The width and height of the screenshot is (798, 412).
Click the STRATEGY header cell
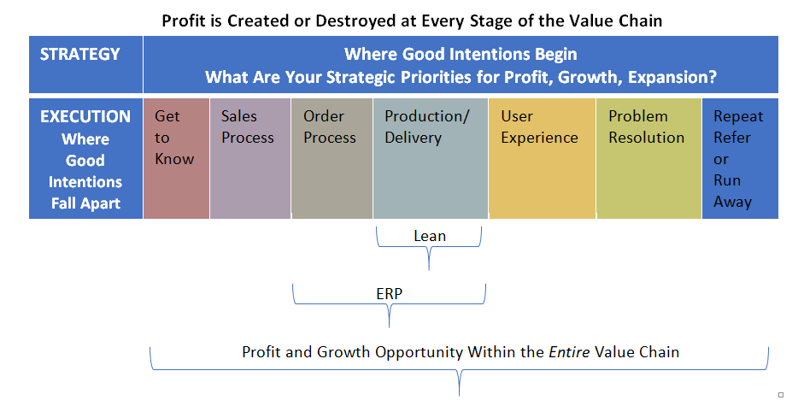tap(85, 64)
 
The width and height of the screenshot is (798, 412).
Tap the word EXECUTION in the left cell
tap(85, 116)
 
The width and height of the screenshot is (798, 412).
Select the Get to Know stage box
tap(176, 158)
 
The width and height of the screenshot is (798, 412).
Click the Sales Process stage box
tap(249, 158)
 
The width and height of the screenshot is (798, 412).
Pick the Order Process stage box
tap(332, 158)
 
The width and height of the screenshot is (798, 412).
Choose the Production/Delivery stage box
tap(431, 158)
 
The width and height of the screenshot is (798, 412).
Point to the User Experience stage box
tap(542, 158)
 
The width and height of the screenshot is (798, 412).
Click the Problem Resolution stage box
tap(648, 158)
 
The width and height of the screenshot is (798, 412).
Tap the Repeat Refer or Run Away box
tap(740, 158)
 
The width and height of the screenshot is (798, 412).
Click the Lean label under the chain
tap(430, 236)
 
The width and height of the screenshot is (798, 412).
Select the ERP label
tap(390, 294)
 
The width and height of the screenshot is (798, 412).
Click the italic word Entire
tap(570, 352)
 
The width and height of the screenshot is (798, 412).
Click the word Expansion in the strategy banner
tap(672, 78)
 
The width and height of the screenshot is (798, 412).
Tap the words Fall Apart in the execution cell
tap(85, 203)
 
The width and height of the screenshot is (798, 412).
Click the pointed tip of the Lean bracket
tap(429, 269)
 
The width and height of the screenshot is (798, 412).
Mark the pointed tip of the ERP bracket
tap(390, 327)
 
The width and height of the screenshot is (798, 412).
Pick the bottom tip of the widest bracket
tap(459, 395)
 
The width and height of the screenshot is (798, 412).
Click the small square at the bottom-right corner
tap(781, 395)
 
